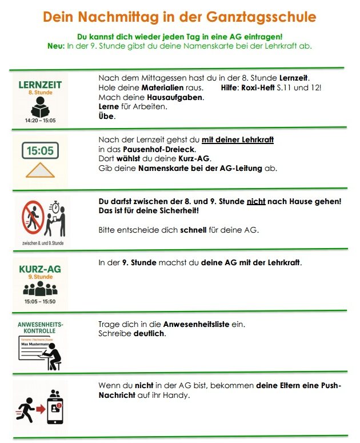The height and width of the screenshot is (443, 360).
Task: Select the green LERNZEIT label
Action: pyautogui.click(x=40, y=85)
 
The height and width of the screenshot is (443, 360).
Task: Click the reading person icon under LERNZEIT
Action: pyautogui.click(x=40, y=107)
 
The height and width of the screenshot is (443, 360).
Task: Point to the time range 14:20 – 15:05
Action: pyautogui.click(x=40, y=121)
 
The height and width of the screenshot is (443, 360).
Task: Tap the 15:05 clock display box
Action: pyautogui.click(x=40, y=151)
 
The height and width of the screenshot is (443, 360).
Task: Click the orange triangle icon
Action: pyautogui.click(x=40, y=170)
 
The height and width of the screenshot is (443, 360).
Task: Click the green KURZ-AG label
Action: pyautogui.click(x=40, y=268)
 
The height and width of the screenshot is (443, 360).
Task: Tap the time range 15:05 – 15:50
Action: pyautogui.click(x=40, y=301)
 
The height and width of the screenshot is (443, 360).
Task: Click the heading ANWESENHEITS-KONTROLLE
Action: pyautogui.click(x=40, y=328)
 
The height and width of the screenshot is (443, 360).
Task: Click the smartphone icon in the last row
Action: pyautogui.click(x=55, y=408)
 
